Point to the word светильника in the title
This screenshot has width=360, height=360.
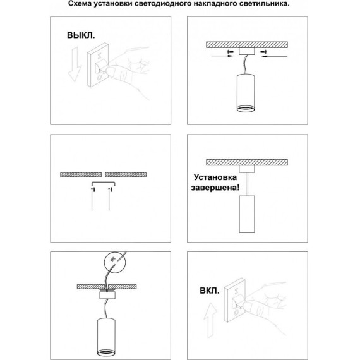click(257, 4)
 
